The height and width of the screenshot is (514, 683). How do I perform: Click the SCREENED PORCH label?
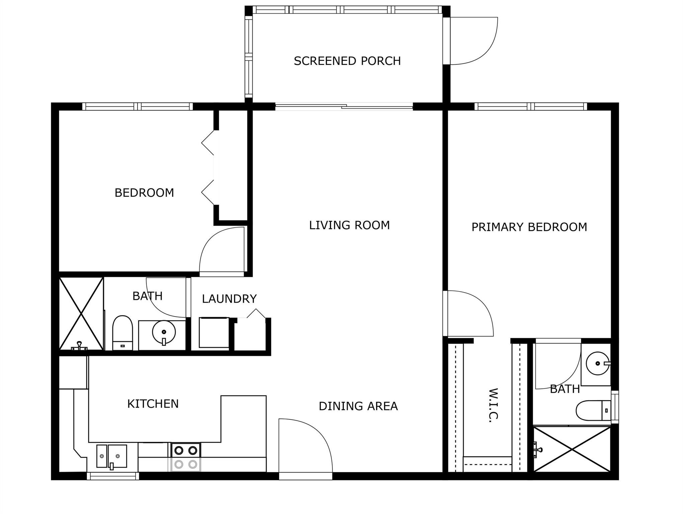coord(347,61)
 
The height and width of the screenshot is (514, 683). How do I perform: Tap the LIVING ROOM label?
coord(349,225)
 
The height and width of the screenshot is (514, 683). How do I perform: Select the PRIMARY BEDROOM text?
coord(529,227)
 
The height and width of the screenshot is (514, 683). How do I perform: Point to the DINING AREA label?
coord(358,406)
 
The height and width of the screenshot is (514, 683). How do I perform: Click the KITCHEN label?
coord(153,404)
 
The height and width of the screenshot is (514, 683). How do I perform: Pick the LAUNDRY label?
coord(229,299)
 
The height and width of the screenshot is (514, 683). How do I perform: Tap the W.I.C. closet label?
coord(493,405)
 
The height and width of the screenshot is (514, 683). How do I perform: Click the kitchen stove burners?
coord(186,457)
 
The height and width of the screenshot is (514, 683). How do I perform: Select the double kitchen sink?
coord(112,456)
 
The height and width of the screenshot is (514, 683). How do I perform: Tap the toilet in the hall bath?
coord(122,333)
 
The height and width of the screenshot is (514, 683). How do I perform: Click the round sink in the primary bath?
coord(598,363)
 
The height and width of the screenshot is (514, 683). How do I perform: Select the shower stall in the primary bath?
coord(572,449)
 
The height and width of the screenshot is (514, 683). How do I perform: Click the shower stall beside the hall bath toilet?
coord(81,314)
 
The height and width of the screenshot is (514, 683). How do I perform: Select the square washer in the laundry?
coord(214,333)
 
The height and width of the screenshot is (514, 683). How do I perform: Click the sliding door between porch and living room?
coord(344,107)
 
